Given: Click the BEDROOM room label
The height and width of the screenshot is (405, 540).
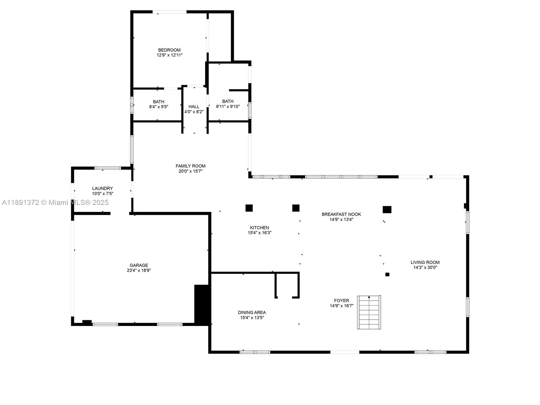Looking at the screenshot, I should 169,50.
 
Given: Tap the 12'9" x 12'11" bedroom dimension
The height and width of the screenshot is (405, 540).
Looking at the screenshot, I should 169,55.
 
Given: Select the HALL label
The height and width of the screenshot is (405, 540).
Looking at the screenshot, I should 194,107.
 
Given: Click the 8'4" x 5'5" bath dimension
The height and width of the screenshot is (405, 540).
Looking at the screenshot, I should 159,107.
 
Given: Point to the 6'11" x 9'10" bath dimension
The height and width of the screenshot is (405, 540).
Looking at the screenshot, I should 228,106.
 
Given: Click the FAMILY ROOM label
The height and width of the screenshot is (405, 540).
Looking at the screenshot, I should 190,166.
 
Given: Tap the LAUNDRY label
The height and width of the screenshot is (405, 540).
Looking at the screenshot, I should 102,188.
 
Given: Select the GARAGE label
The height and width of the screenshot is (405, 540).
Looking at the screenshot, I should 139,265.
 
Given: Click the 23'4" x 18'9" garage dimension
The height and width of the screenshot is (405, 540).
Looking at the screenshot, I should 139,270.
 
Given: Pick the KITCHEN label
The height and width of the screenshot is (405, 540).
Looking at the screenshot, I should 259,227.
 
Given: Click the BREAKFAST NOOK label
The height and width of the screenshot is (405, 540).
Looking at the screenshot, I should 341,214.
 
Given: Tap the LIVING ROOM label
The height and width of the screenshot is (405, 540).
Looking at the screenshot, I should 425,262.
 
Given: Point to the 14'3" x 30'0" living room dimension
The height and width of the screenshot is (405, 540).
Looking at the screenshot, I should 425,268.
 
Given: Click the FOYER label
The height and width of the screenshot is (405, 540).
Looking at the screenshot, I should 342,300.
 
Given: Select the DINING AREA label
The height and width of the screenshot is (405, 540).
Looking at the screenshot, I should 252,313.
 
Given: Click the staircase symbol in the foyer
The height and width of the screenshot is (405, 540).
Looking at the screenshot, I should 369,312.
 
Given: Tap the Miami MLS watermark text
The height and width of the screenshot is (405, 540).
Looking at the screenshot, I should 55,202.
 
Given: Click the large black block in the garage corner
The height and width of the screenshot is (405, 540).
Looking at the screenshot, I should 201,304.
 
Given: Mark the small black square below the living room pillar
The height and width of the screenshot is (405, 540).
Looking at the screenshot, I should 387,274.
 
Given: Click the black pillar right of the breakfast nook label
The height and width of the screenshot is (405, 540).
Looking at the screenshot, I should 387,210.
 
